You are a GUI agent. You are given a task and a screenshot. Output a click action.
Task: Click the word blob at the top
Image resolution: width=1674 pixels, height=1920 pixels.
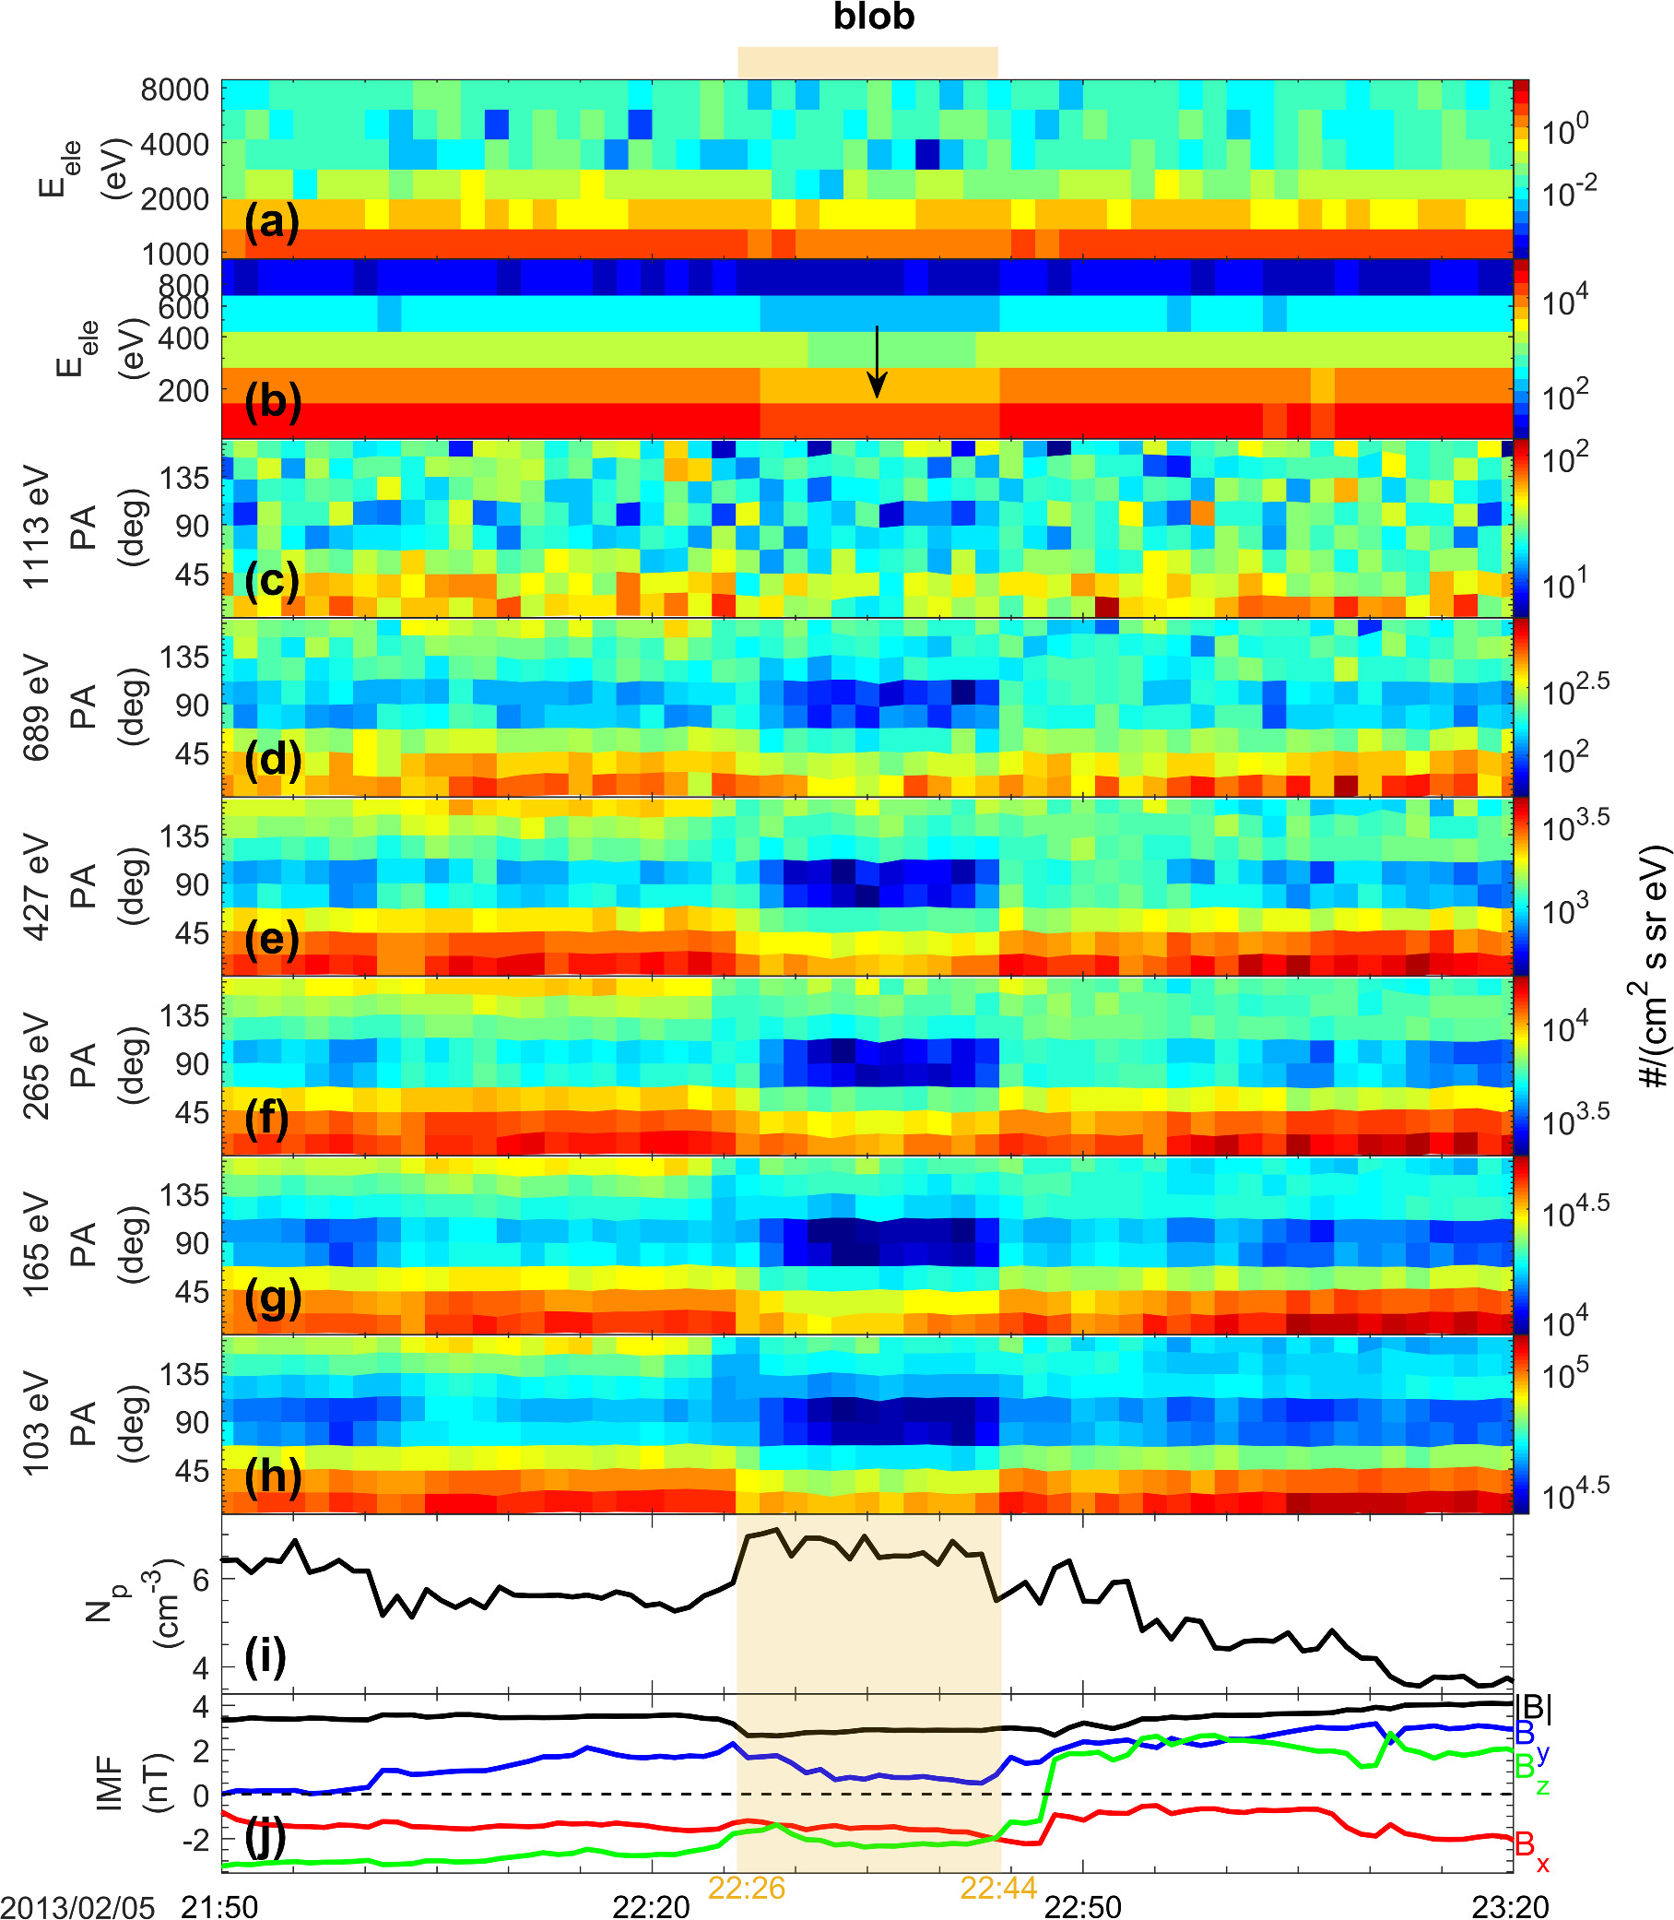point(874,17)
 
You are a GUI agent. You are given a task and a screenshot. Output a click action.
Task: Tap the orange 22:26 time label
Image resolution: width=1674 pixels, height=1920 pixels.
point(747,1889)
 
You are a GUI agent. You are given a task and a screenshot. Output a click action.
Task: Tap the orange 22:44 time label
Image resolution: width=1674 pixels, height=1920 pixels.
point(998,1889)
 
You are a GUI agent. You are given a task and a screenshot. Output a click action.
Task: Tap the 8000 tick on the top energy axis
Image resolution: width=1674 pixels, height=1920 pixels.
point(175,89)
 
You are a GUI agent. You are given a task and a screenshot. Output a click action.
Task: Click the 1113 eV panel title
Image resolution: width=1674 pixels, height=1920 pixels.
point(36,527)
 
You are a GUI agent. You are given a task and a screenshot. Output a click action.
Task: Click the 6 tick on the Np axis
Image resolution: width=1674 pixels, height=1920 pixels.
point(200,1579)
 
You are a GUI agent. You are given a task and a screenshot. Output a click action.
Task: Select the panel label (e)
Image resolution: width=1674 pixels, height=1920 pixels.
point(272,938)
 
